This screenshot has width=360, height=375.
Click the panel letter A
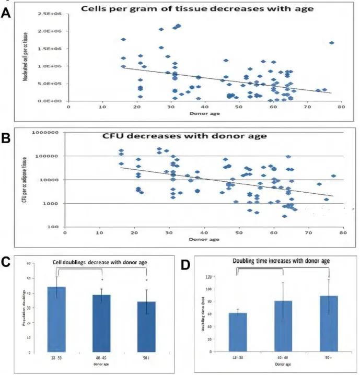[x=6, y=14]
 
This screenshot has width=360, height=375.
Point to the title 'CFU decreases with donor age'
[x=177, y=137]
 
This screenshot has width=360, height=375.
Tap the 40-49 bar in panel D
[x=282, y=326]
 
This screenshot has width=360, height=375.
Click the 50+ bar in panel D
[x=326, y=324]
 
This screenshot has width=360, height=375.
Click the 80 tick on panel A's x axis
[x=341, y=107]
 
